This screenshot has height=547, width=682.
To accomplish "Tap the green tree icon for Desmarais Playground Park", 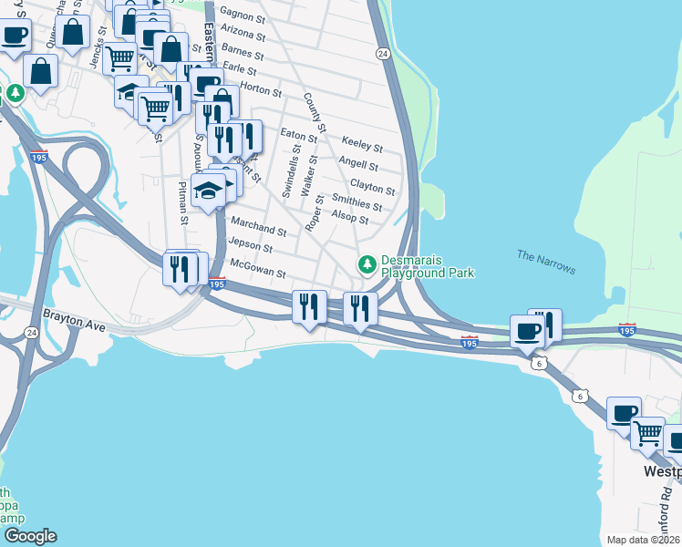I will point(367,264).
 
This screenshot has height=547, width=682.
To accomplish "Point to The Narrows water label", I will point(546,262).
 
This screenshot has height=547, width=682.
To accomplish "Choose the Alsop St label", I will point(350,216).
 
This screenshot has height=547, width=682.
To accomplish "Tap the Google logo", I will point(29,536).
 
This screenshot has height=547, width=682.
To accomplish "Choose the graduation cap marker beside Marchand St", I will point(209,191).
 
